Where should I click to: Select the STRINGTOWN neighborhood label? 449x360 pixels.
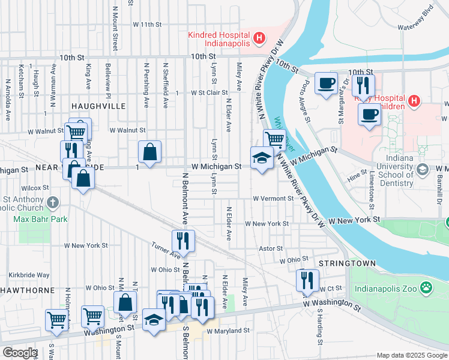[x=347, y=263]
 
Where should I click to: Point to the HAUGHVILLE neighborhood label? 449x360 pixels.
[x=98, y=106]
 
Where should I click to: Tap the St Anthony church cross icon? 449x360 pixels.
[x=54, y=202]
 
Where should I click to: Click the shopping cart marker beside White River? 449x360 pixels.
[x=274, y=140]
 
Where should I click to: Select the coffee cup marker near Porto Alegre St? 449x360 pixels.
[x=326, y=83]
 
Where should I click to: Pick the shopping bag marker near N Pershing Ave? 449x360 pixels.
[x=149, y=152]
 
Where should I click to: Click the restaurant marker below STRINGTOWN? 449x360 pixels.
[x=307, y=280]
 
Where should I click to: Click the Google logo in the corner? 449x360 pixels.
[x=19, y=353]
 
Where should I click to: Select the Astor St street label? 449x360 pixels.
[x=271, y=248]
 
